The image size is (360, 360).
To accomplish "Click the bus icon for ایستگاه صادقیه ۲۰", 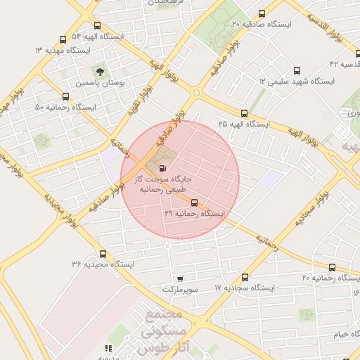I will [x=262, y=13].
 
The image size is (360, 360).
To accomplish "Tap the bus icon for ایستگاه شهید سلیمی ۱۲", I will [x=296, y=70].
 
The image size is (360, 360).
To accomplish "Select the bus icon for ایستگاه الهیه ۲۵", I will [x=244, y=113].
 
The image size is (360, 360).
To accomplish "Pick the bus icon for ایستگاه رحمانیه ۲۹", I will [x=194, y=202].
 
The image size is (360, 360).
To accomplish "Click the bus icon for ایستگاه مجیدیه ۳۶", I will [x=103, y=254].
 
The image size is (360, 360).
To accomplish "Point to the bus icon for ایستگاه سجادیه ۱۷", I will [x=245, y=278].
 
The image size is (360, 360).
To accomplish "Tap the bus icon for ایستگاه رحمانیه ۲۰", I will [x=333, y=268].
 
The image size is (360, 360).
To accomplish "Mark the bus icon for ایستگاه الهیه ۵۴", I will [x=63, y=39].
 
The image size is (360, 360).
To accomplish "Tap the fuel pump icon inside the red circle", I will [x=164, y=169].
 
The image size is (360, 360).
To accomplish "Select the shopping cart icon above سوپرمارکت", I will [x=181, y=279].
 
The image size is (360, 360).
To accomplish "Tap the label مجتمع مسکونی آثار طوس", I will [x=176, y=330].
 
